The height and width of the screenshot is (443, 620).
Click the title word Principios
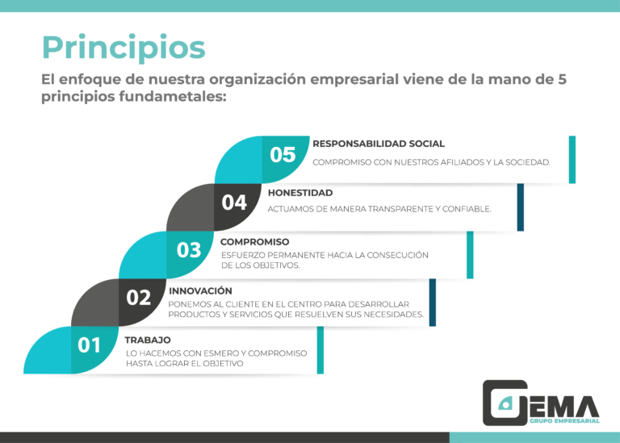[124, 48]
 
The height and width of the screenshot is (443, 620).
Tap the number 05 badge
[283, 154]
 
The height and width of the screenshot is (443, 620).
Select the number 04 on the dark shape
[234, 203]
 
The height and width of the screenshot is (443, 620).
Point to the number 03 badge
[189, 250]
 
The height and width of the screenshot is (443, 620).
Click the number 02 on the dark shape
[138, 298]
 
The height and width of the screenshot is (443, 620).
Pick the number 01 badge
[89, 345]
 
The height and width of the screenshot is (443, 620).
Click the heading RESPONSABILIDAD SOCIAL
[379, 144]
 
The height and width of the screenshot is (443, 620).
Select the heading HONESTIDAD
[300, 193]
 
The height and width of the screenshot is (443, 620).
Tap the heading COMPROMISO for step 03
[254, 242]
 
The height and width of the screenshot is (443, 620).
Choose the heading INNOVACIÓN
[200, 290]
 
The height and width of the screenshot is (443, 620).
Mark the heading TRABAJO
[148, 340]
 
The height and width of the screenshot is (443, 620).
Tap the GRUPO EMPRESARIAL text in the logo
[564, 421]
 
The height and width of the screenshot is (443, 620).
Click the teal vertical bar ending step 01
[320, 350]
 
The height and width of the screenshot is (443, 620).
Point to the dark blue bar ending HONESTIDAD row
[521, 207]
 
